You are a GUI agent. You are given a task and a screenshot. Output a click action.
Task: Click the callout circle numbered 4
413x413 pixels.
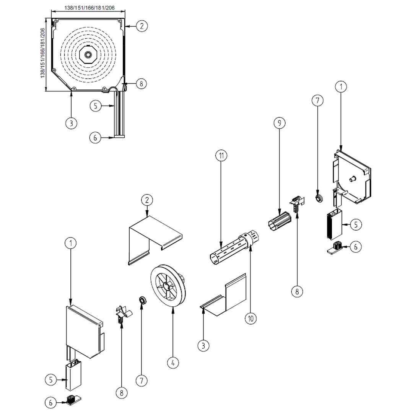pyautogui.click(x=173, y=362)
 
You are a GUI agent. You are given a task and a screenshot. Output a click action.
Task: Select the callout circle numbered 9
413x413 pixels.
pyautogui.click(x=280, y=123)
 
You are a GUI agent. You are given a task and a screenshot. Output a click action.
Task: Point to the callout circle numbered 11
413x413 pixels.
pyautogui.click(x=221, y=156)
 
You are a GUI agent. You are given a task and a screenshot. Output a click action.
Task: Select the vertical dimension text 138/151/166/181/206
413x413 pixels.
pyautogui.click(x=42, y=53)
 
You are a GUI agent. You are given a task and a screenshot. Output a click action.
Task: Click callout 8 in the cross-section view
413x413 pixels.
pyautogui.click(x=141, y=83)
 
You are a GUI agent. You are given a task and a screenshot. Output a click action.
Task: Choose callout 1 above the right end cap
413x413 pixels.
pyautogui.click(x=340, y=87)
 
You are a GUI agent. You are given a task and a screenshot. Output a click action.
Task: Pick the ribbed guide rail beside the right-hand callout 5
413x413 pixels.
pyautogui.click(x=333, y=224)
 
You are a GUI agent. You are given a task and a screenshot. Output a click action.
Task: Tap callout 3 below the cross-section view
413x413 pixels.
pyautogui.click(x=71, y=123)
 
